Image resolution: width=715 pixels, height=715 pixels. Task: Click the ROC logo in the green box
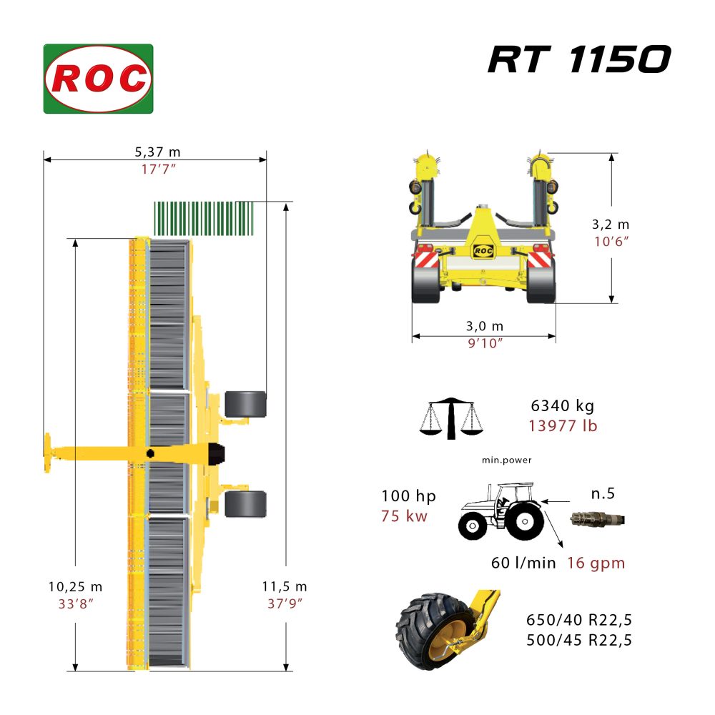98,79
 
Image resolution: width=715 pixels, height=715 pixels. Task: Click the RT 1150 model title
579,59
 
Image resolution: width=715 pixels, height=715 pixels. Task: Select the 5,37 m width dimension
157,152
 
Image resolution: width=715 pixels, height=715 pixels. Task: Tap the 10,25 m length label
75,586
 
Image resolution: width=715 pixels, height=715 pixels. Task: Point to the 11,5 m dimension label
285,586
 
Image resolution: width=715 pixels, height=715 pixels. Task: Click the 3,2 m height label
611,225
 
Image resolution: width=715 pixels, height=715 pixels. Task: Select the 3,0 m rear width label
484,326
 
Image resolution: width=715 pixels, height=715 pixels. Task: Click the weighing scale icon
451,418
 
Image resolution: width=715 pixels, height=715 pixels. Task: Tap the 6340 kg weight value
562,405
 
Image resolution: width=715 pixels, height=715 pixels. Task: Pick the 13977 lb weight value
563,426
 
